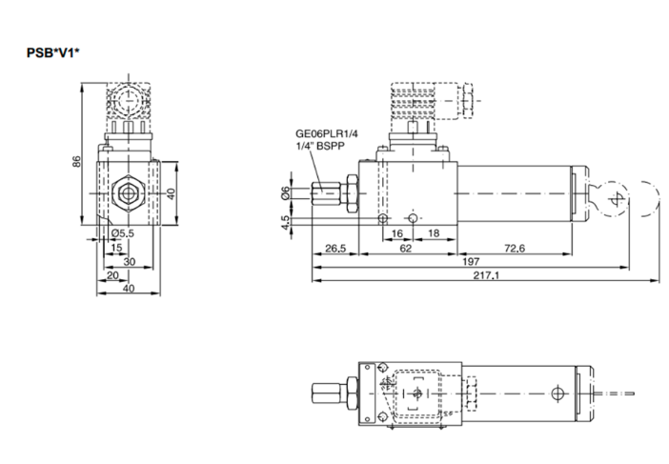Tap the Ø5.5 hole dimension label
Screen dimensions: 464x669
click(x=123, y=232)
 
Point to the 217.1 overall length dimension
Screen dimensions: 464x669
click(x=486, y=275)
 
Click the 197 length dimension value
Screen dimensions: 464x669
click(x=471, y=261)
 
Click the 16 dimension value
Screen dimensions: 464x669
click(x=397, y=232)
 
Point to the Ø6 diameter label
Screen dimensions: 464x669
click(x=284, y=193)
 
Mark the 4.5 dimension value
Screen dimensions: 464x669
click(x=284, y=222)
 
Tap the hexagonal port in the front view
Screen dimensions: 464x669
click(x=125, y=193)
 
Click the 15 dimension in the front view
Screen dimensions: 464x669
click(x=116, y=247)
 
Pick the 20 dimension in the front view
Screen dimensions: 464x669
click(x=111, y=275)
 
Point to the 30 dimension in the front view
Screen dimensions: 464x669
click(x=129, y=261)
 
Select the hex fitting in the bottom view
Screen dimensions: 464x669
click(x=349, y=392)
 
